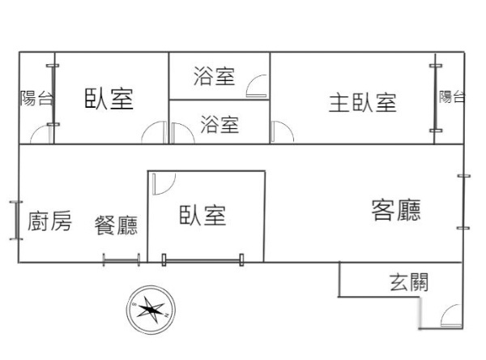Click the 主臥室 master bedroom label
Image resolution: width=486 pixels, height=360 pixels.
coord(362,103)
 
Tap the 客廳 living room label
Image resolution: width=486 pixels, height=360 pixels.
coord(396,211)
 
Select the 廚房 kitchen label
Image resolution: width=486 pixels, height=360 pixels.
coord(49,221)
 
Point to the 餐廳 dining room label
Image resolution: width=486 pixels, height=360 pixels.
coord(116,225)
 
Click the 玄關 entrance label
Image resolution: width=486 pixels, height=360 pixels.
coord(409,282)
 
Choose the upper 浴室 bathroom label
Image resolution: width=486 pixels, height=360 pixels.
coord(214,76)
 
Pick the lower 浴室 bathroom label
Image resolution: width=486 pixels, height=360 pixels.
coord(220,124)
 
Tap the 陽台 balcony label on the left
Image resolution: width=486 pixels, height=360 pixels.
coord(36,98)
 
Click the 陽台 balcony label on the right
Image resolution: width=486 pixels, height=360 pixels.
coord(452,96)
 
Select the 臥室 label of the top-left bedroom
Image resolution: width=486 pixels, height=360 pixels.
coord(109,99)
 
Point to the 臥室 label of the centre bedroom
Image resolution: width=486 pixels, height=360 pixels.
coord(202,215)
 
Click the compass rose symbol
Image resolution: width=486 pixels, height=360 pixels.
coord(151,310)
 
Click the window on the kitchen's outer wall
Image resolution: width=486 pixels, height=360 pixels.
coord(16,221)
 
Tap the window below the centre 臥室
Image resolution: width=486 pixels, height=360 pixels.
coord(202,260)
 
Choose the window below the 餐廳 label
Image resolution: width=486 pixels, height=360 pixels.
coord(122,260)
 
